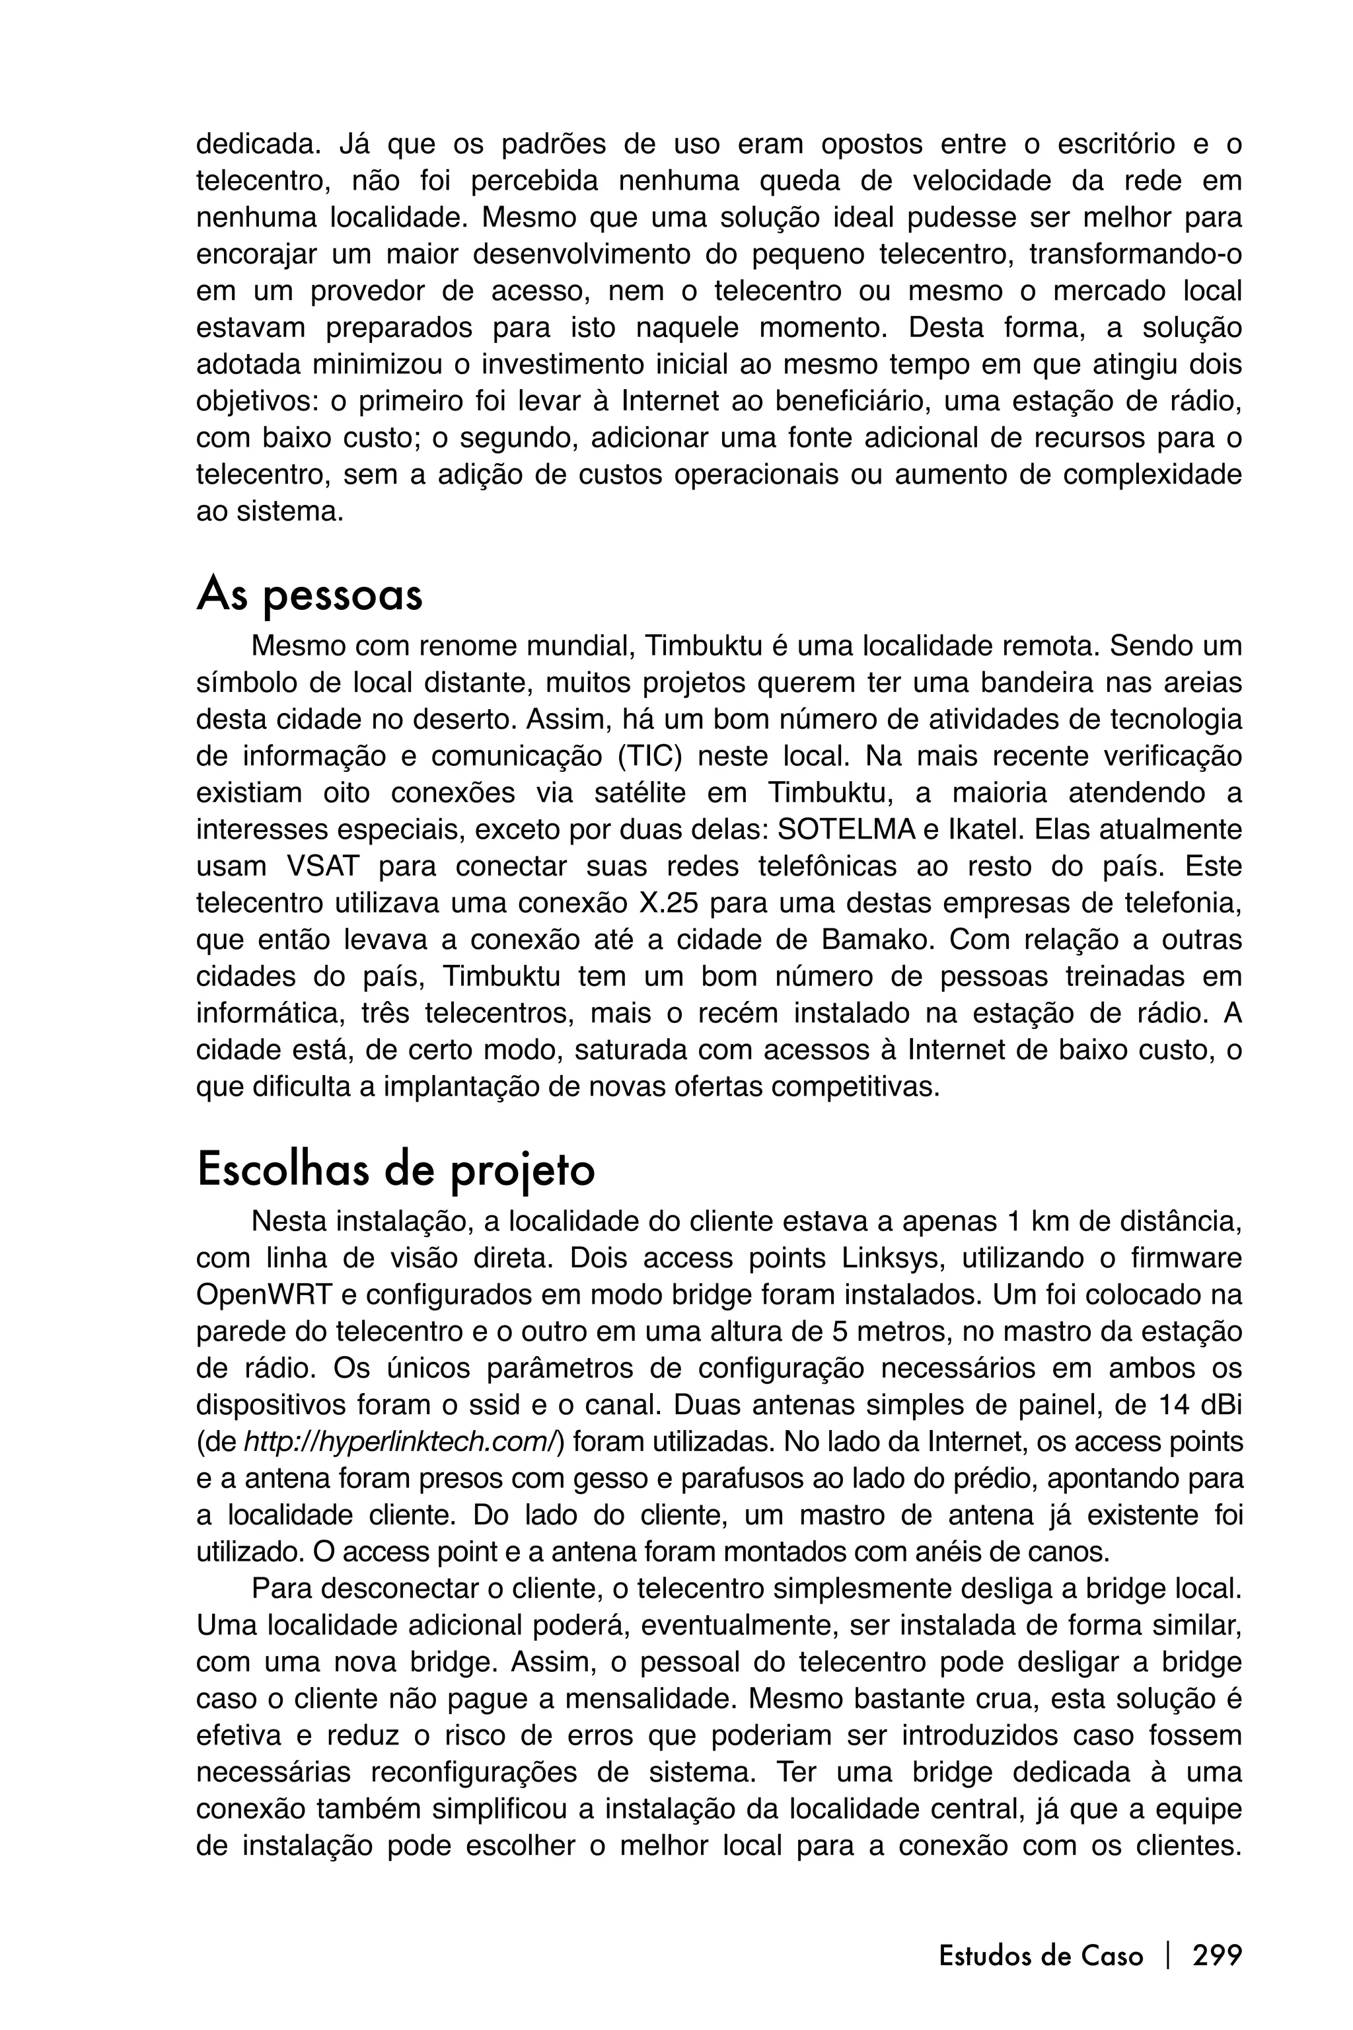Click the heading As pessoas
[x=309, y=595]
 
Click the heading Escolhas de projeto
[x=395, y=1170]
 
